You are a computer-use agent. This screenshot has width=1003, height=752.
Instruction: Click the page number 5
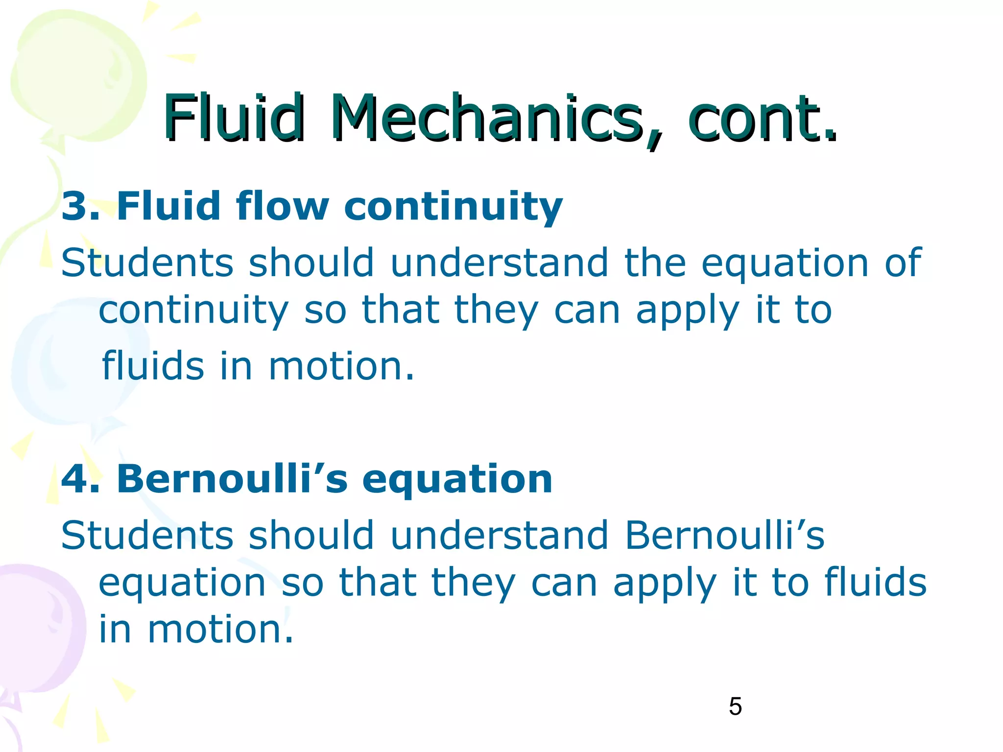pyautogui.click(x=735, y=706)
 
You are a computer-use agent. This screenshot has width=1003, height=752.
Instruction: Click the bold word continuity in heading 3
pyautogui.click(x=453, y=207)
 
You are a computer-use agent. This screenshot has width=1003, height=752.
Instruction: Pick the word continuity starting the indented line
pyautogui.click(x=193, y=311)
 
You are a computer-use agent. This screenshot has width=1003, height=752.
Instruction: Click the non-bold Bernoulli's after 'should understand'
pyautogui.click(x=725, y=535)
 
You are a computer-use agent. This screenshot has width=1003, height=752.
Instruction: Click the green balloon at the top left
pyautogui.click(x=78, y=78)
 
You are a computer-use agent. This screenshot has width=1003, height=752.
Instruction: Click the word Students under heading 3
pyautogui.click(x=147, y=263)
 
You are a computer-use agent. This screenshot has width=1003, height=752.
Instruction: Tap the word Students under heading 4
pyautogui.click(x=147, y=535)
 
